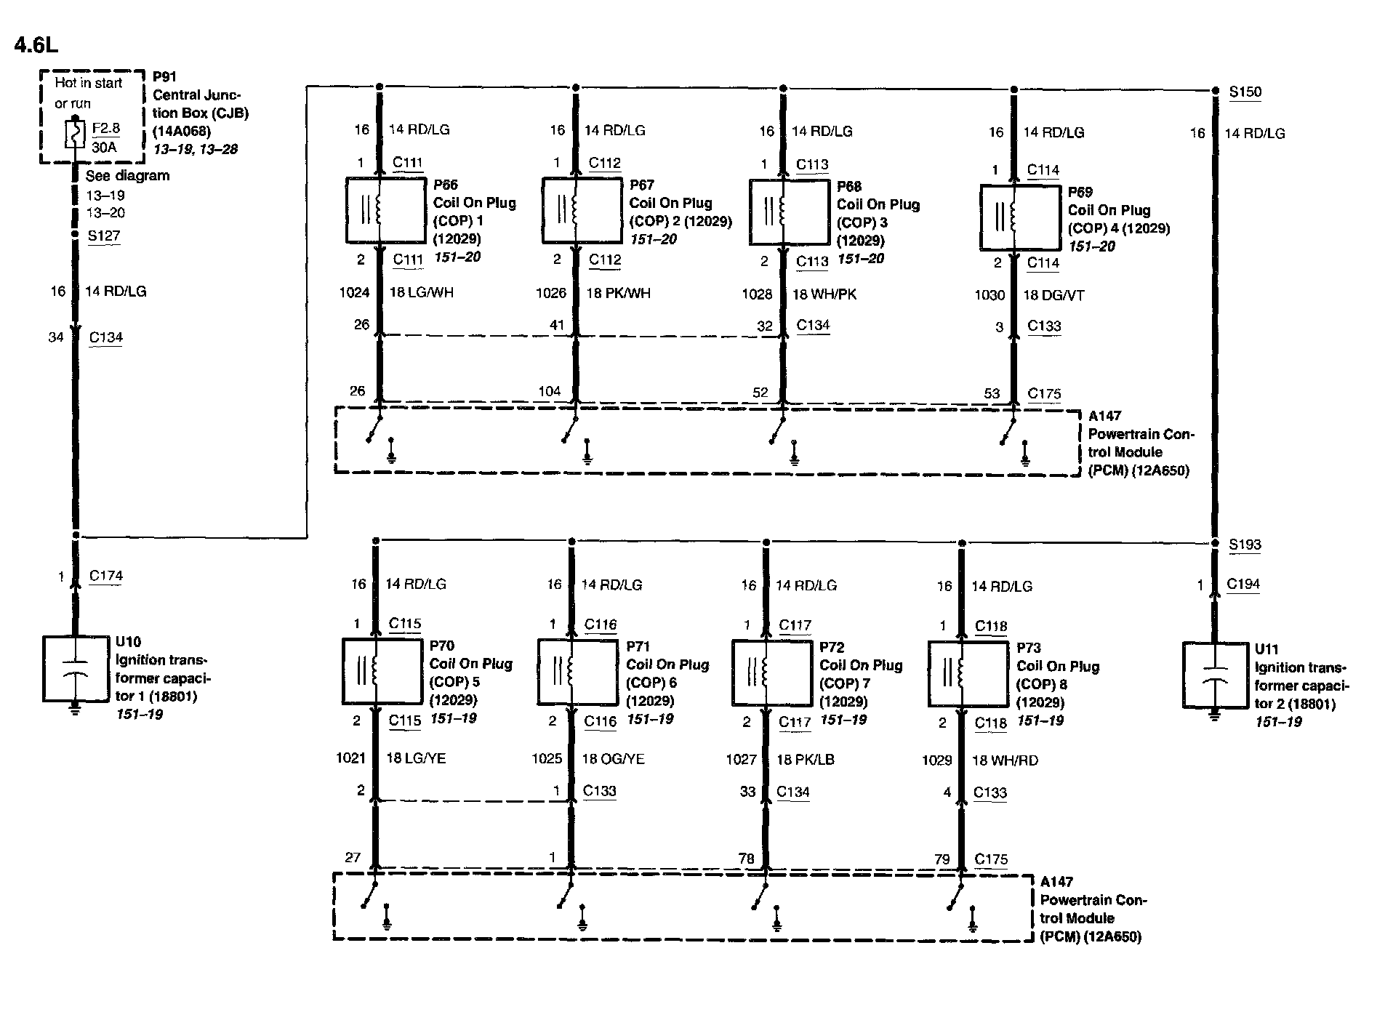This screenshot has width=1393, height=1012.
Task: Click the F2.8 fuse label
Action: pos(105,129)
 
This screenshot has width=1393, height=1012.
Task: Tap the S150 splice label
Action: pos(1245,92)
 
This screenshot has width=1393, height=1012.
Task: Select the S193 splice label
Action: pos(1245,545)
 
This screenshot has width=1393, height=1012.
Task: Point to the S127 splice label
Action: pos(104,236)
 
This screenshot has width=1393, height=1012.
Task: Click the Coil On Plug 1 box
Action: pos(385,210)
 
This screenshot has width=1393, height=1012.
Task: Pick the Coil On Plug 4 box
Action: pos(1020,217)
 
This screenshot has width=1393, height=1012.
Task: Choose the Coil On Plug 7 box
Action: pos(771,672)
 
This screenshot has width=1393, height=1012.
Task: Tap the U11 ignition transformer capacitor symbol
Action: pos(1215,675)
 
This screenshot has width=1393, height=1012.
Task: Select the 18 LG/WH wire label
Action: pos(422,293)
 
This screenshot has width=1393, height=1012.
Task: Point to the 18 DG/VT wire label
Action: pos(1053,295)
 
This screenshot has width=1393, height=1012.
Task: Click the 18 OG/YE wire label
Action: pos(613,759)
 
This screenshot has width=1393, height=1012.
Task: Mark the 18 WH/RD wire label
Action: pos(1005,760)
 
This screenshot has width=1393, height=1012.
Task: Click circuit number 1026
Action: pos(550,293)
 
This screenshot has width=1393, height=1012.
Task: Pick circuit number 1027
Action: pos(741,760)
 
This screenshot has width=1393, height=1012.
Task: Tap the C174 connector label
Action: pos(106,576)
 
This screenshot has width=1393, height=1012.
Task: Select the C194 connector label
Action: pos(1243,584)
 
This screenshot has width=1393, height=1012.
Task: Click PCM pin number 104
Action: pos(549,391)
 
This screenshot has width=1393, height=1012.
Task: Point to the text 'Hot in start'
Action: pos(89,83)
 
